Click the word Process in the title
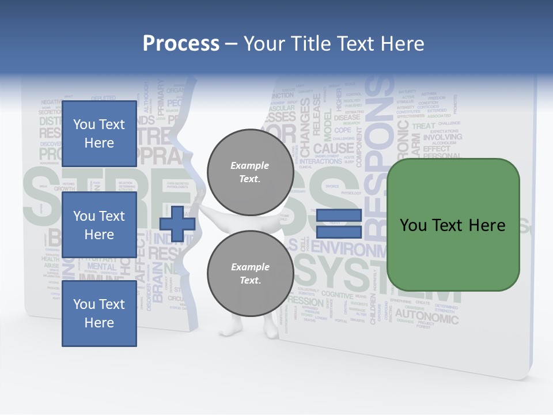pyautogui.click(x=181, y=43)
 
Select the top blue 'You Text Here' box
pyautogui.click(x=99, y=134)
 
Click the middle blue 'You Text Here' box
pyautogui.click(x=99, y=225)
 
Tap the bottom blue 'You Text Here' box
pyautogui.click(x=99, y=313)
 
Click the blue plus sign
pyautogui.click(x=177, y=224)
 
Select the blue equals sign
pyautogui.click(x=339, y=224)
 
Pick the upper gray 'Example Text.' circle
pyautogui.click(x=250, y=172)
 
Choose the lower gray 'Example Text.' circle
pyautogui.click(x=250, y=274)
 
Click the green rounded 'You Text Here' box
pyautogui.click(x=453, y=225)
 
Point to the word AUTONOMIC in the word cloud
pyautogui.click(x=427, y=316)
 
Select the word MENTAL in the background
pyautogui.click(x=101, y=267)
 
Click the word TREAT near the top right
pyautogui.click(x=423, y=126)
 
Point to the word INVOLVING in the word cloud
pyautogui.click(x=442, y=137)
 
